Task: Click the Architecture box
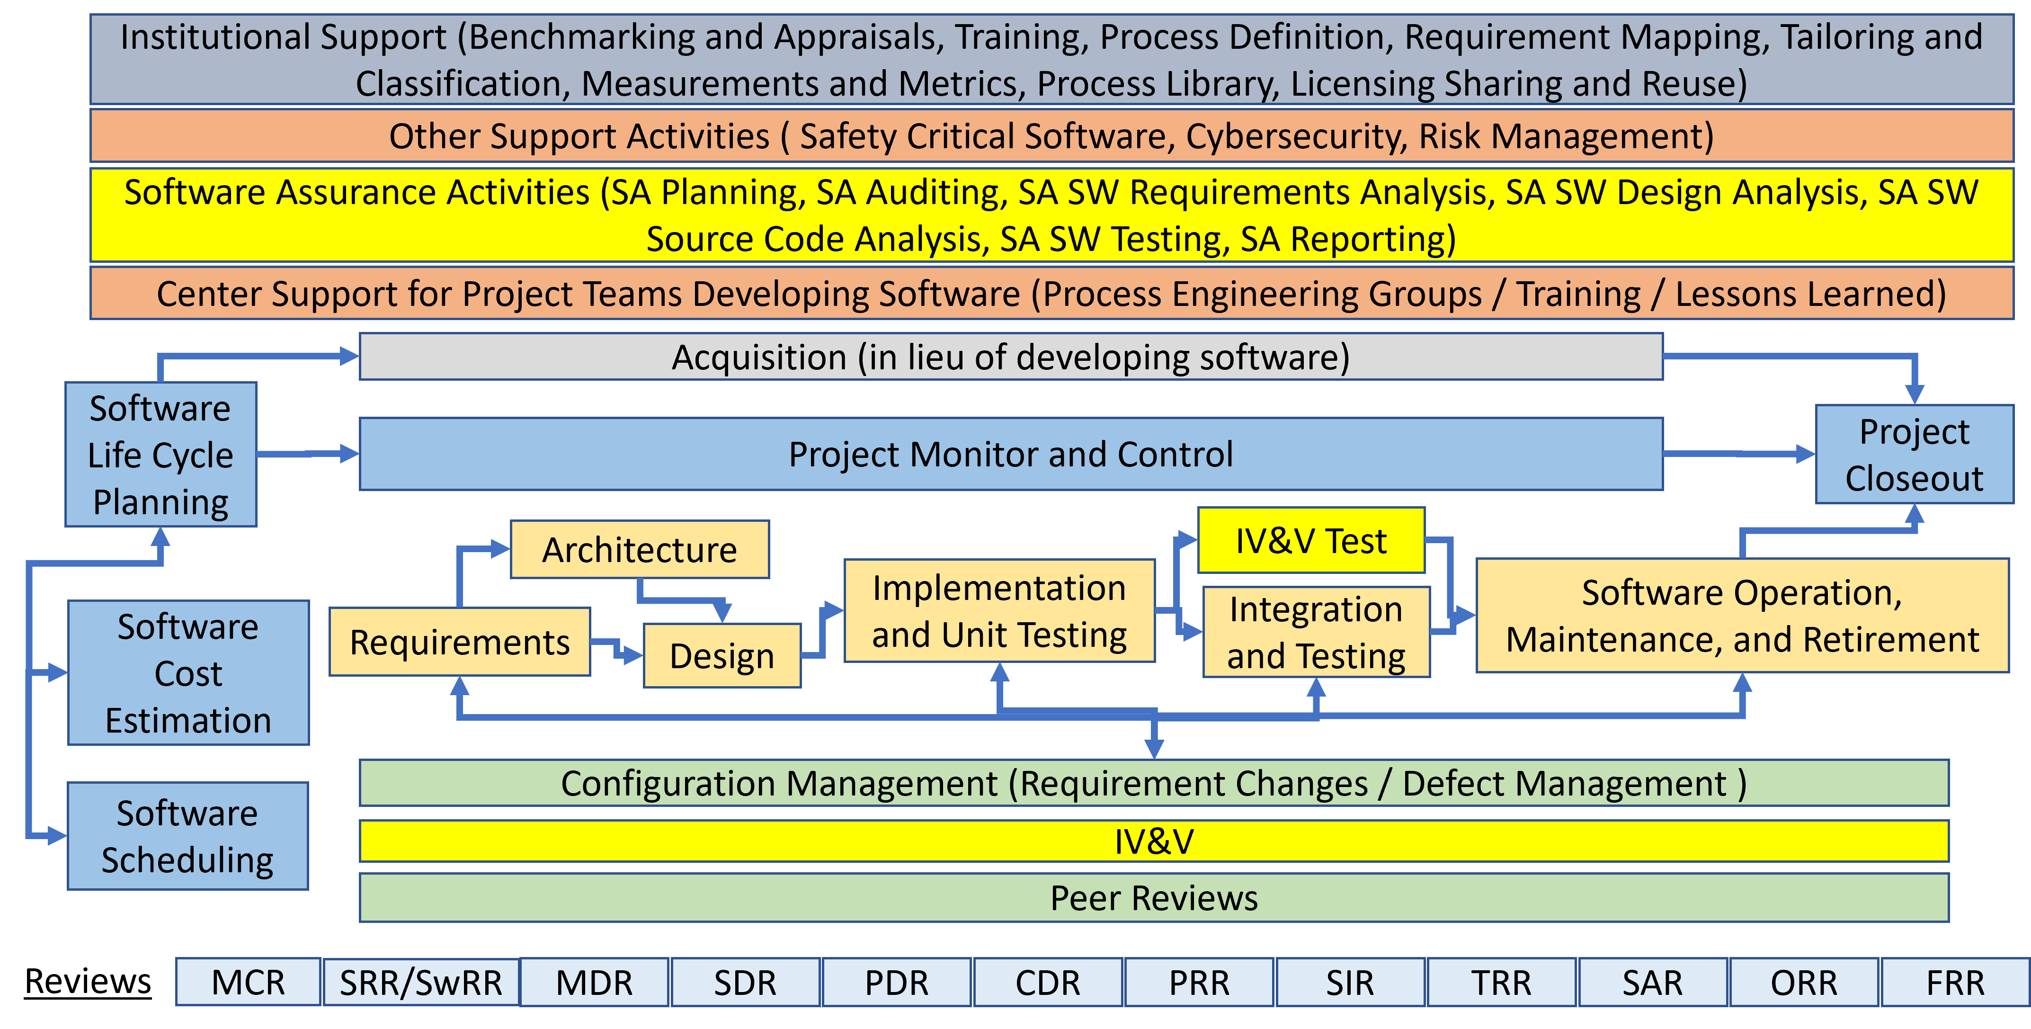click(x=640, y=549)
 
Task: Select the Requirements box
click(x=460, y=641)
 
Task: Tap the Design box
click(x=722, y=655)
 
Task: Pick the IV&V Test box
click(x=1311, y=540)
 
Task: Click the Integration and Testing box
click(x=1316, y=632)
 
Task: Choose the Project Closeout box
click(x=1915, y=454)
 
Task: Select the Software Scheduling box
click(x=187, y=836)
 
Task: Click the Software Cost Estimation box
click(x=187, y=672)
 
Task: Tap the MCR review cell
click(x=249, y=982)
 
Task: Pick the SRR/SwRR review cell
click(x=421, y=982)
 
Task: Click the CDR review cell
click(x=1048, y=982)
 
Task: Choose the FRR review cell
click(x=1955, y=982)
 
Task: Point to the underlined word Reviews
click(x=88, y=981)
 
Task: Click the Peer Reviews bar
click(x=1154, y=897)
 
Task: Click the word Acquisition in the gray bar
click(x=758, y=357)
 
